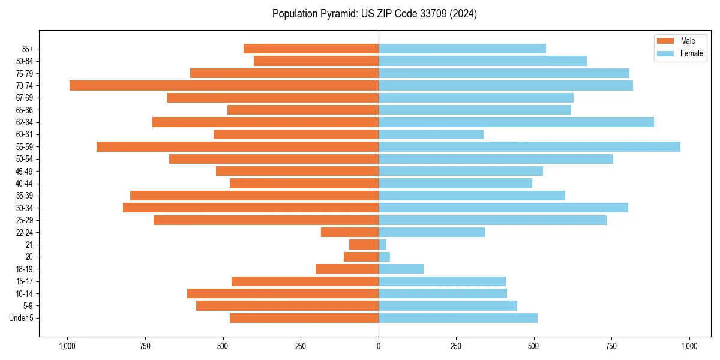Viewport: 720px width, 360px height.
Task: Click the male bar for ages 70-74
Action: click(x=224, y=86)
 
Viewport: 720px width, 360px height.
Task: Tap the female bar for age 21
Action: click(x=382, y=245)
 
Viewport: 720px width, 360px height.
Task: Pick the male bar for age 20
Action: click(x=361, y=257)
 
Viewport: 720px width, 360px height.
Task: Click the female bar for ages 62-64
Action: click(x=516, y=122)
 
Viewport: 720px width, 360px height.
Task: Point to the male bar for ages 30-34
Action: click(x=251, y=208)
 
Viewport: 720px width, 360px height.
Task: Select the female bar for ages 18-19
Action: click(x=401, y=269)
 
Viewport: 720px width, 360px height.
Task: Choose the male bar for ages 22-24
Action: click(x=350, y=232)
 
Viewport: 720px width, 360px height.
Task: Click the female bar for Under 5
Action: click(x=458, y=318)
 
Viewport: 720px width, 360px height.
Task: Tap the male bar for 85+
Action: click(x=311, y=49)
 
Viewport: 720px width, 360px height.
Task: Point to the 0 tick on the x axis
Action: click(x=379, y=346)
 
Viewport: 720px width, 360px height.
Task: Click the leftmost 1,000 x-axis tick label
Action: click(x=67, y=346)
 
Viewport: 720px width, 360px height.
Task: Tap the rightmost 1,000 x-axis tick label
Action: click(x=689, y=346)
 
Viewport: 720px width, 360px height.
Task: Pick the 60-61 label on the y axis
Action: click(x=25, y=134)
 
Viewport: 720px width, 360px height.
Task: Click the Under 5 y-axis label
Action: click(x=22, y=318)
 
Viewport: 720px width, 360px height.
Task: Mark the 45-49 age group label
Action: click(x=25, y=171)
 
